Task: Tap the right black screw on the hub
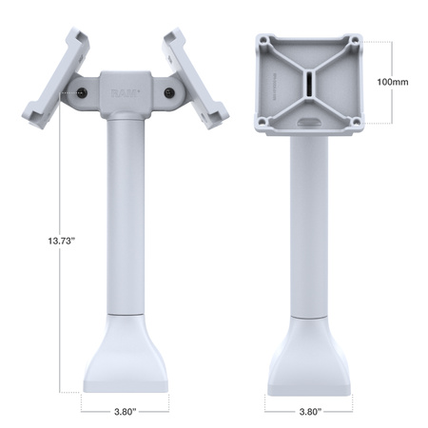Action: point(169,93)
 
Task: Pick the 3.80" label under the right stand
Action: point(309,413)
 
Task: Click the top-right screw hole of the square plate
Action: point(353,41)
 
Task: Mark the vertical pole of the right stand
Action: point(309,219)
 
